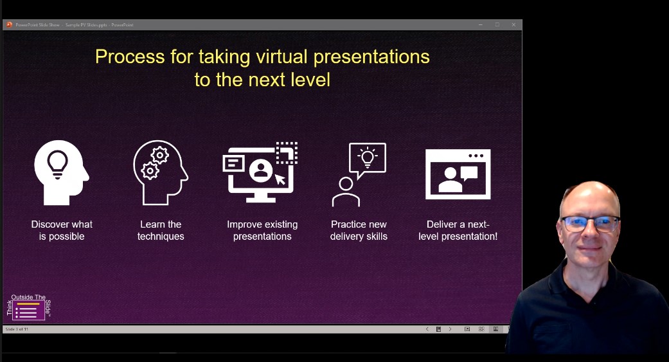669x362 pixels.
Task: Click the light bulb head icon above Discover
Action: click(x=61, y=172)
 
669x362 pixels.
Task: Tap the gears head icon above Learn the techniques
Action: click(x=160, y=172)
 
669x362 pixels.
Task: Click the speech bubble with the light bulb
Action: click(x=367, y=158)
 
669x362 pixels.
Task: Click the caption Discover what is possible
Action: click(x=62, y=230)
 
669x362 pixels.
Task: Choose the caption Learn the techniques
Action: click(x=161, y=230)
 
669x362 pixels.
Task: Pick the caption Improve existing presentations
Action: click(x=262, y=230)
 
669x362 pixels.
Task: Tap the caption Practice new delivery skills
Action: click(x=359, y=230)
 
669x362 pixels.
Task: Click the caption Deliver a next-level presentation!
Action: click(x=458, y=230)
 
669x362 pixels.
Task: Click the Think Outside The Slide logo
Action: click(x=28, y=307)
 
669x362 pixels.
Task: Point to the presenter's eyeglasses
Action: click(x=590, y=224)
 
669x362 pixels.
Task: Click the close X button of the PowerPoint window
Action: click(x=513, y=25)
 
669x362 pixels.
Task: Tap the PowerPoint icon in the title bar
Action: click(x=10, y=25)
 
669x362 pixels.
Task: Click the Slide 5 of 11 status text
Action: click(x=17, y=329)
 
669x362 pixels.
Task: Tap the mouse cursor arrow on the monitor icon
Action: click(x=280, y=179)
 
